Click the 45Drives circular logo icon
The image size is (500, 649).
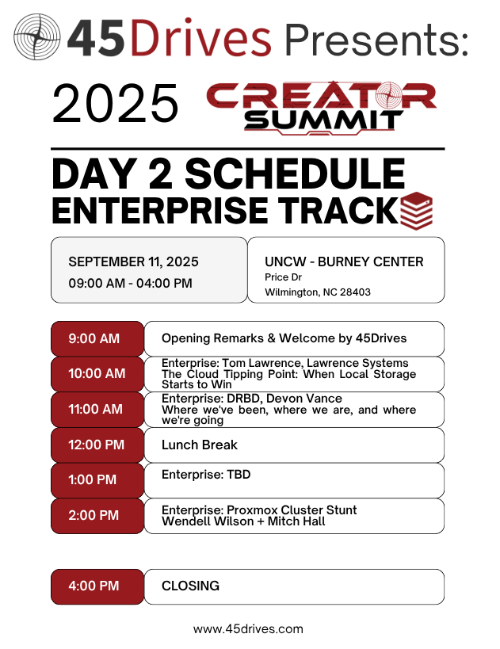click(x=36, y=36)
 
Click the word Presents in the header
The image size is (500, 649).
click(x=376, y=40)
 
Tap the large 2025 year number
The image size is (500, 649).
click(x=115, y=103)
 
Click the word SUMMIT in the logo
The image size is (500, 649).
click(x=323, y=120)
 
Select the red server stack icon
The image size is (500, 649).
click(x=416, y=211)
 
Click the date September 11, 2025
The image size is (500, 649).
click(x=133, y=262)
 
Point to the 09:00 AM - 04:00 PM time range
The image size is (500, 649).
click(x=131, y=283)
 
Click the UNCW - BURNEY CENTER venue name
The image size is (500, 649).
click(x=344, y=262)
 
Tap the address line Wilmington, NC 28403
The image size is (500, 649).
click(x=318, y=292)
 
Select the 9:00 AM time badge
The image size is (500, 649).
click(x=97, y=338)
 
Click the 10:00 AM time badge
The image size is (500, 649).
click(x=97, y=374)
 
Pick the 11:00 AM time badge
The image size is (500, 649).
click(x=97, y=410)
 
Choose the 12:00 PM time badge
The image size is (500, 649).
click(x=97, y=445)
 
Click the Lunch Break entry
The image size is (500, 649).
click(x=200, y=445)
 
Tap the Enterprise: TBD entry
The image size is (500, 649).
click(x=206, y=475)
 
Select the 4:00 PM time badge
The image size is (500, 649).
click(x=97, y=586)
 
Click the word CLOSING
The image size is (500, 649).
click(x=190, y=586)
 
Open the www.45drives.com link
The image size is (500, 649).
click(x=248, y=629)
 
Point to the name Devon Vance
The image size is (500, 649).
click(x=304, y=399)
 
